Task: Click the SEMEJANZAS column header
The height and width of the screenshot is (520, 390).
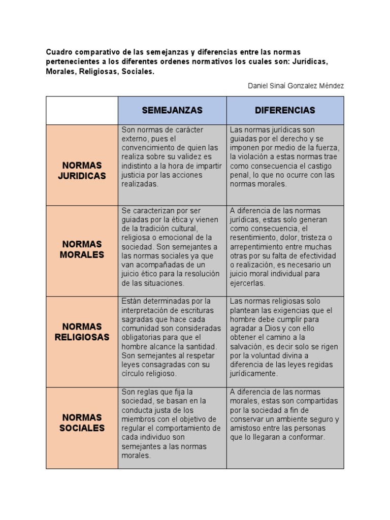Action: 172,110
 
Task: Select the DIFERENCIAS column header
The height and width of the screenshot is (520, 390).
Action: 285,110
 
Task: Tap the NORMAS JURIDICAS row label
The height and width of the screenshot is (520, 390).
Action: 82,171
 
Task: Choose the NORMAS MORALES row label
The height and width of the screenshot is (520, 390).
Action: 82,249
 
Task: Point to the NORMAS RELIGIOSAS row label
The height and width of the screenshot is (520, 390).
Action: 82,332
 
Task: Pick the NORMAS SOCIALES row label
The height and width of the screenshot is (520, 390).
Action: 82,422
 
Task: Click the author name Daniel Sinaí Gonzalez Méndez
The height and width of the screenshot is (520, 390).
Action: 296,86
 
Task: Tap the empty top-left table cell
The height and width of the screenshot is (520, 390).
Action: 82,110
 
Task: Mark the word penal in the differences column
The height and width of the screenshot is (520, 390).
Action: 238,175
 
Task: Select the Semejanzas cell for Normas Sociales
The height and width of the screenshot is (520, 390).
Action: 172,424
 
